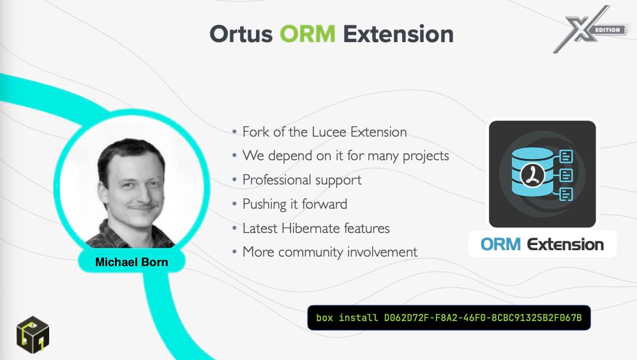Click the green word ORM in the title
(x=308, y=34)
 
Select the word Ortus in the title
(x=241, y=34)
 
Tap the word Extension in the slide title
(x=398, y=34)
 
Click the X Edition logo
(x=590, y=29)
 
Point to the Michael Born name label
(x=131, y=262)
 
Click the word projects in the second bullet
(x=426, y=156)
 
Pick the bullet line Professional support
(x=302, y=180)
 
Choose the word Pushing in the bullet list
(x=264, y=204)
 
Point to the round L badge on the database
(x=532, y=176)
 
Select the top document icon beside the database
(x=566, y=156)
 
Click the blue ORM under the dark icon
(x=500, y=244)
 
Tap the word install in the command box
(x=358, y=318)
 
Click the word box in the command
(x=325, y=318)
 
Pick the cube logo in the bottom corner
(x=33, y=335)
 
